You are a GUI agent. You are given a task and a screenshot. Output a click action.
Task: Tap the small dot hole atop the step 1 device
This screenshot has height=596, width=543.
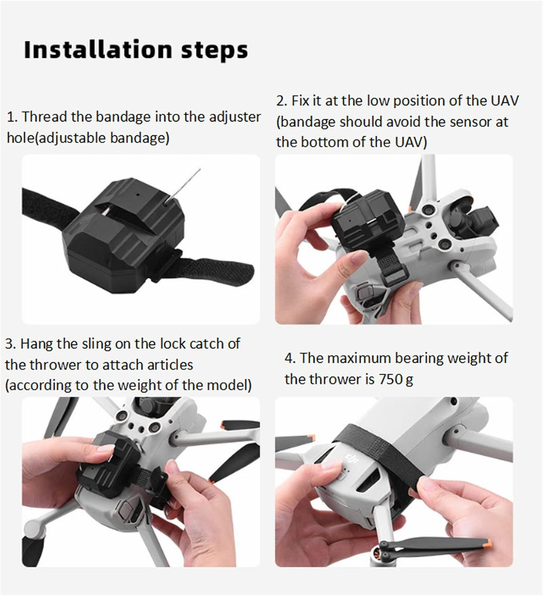click(x=138, y=195)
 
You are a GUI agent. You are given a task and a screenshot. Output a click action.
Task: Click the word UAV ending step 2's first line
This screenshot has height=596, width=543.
click(x=504, y=101)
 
